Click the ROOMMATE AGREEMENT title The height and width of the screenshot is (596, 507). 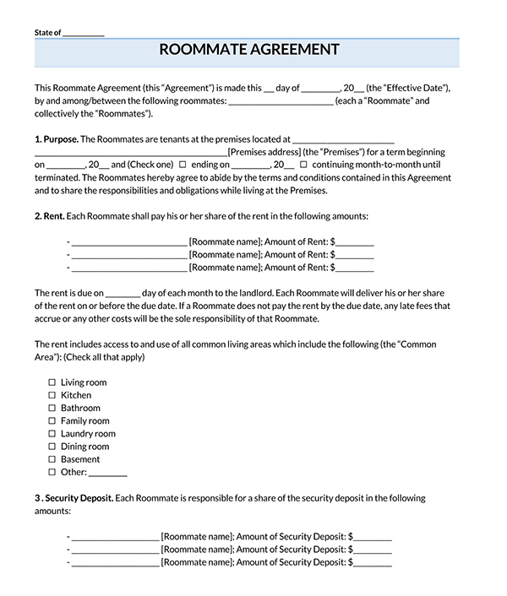click(x=249, y=50)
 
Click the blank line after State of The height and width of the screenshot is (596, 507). click(x=84, y=33)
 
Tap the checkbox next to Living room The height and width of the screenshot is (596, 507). click(x=52, y=382)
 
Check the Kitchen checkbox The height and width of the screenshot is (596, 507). click(x=52, y=395)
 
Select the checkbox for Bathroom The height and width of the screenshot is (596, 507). click(x=52, y=408)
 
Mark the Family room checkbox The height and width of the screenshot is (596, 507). click(x=52, y=421)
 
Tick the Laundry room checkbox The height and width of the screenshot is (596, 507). click(x=52, y=434)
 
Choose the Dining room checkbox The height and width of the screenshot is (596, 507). click(x=52, y=447)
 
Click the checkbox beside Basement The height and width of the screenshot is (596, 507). click(x=52, y=459)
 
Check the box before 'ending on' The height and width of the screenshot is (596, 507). click(x=183, y=165)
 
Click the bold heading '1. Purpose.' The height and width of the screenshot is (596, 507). click(x=57, y=138)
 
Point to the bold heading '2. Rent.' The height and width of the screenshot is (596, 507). click(x=50, y=216)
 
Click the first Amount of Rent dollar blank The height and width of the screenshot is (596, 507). click(x=355, y=241)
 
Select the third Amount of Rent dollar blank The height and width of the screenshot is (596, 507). click(x=355, y=268)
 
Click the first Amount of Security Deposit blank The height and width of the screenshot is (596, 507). click(x=373, y=536)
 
